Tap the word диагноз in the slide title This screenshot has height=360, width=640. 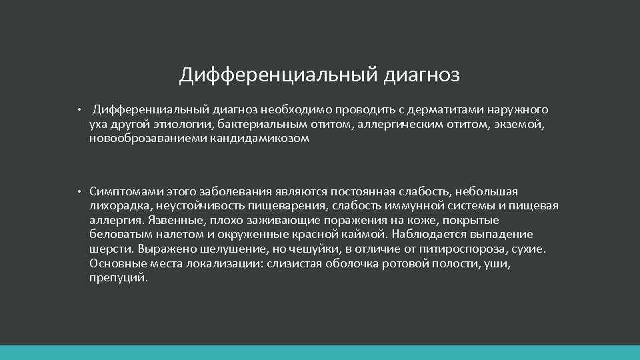[421, 75]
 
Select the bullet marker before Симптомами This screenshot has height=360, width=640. [78, 192]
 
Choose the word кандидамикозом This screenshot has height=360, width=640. [260, 139]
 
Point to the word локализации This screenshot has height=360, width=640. [217, 263]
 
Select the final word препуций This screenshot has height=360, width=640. [118, 278]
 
